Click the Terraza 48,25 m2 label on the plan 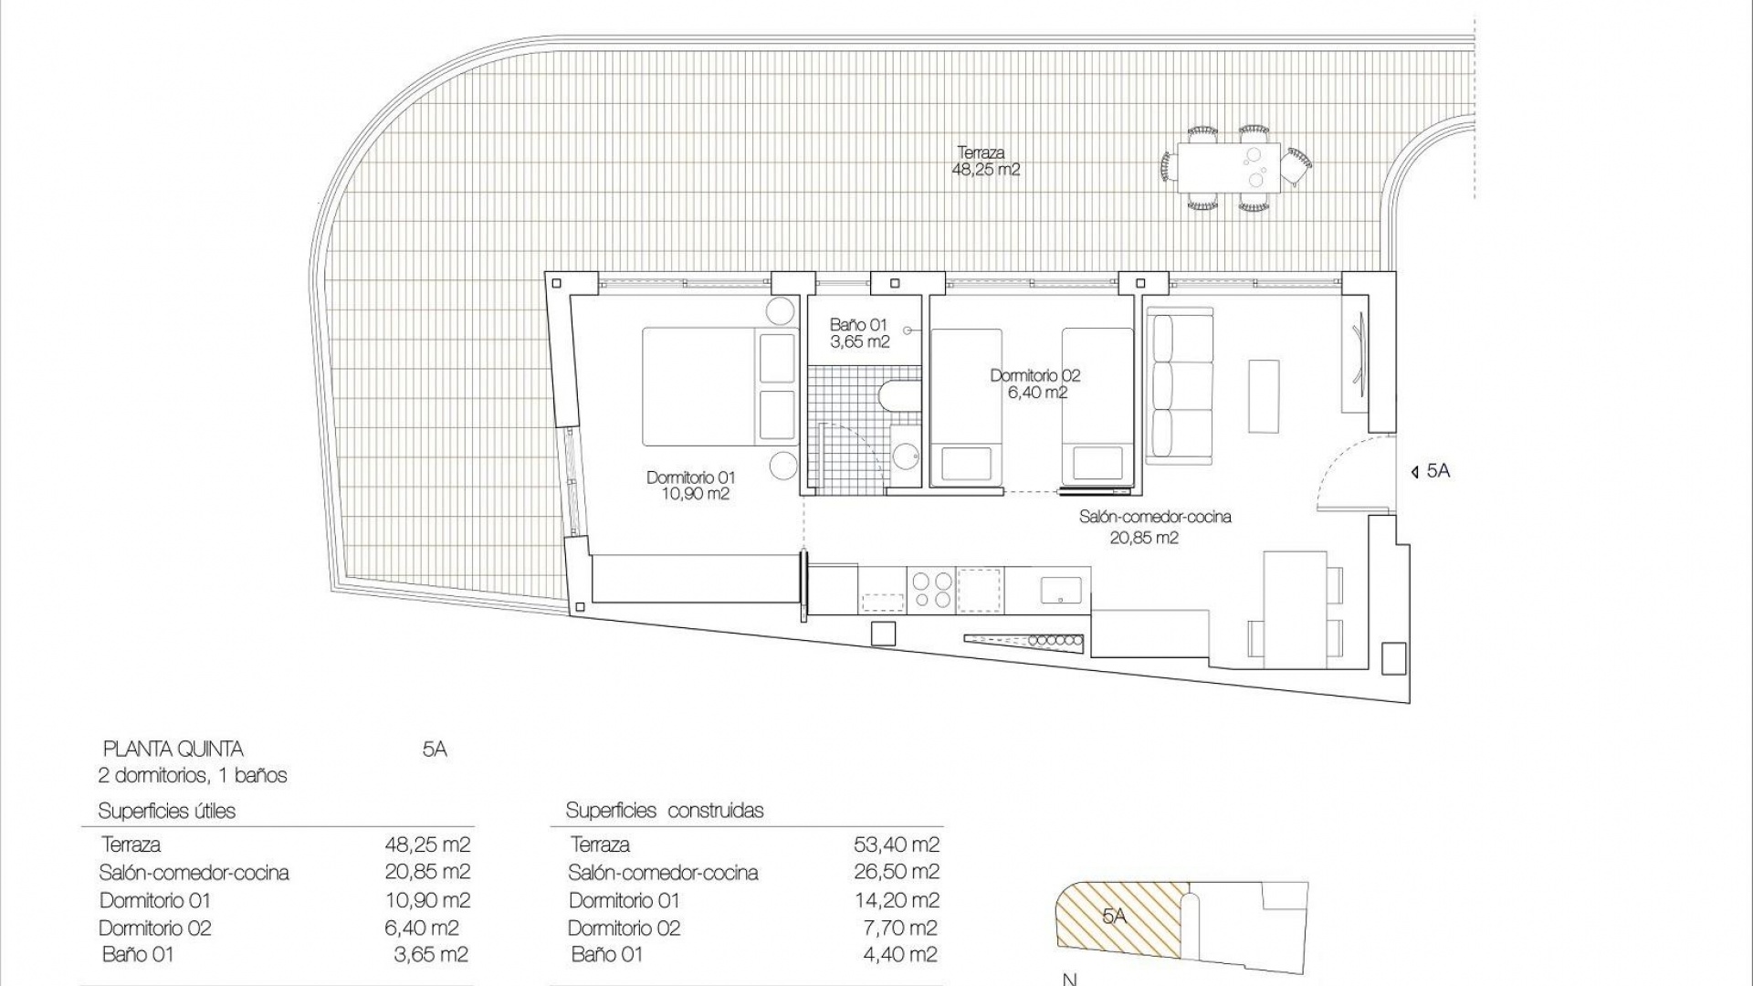tap(987, 162)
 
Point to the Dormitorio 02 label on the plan tap(1034, 383)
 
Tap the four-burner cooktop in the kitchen tap(931, 589)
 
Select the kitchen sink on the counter tap(1062, 589)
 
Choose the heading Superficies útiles tap(166, 811)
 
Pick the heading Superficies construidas tap(664, 811)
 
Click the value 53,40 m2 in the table tap(896, 844)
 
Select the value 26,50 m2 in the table tap(896, 872)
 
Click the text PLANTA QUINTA tap(173, 750)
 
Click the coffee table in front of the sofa tap(1264, 395)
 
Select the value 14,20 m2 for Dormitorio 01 tap(896, 900)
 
